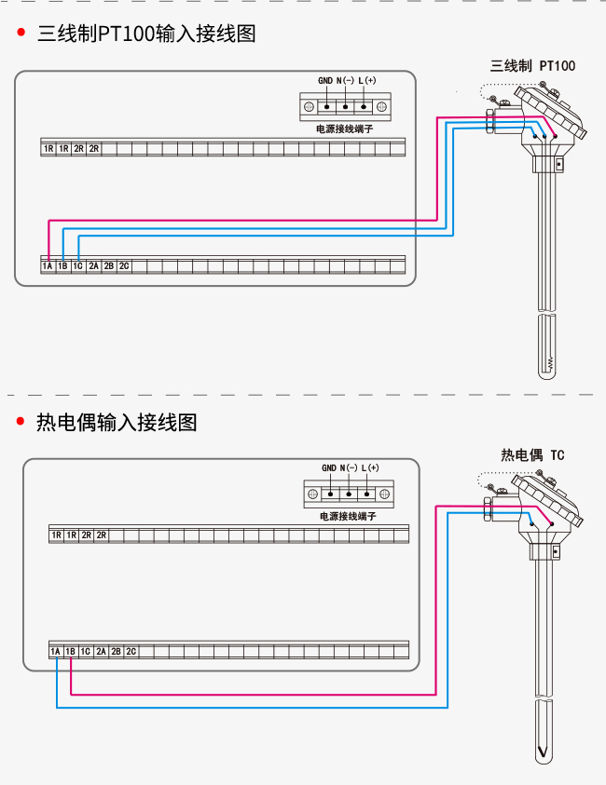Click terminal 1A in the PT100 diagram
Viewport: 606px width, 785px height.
coord(48,265)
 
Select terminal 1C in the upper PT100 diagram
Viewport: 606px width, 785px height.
coord(77,265)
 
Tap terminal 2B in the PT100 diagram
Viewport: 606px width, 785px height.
coord(109,265)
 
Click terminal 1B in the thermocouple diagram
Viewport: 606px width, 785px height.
coord(70,651)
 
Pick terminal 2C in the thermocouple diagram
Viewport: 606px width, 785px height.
coord(131,651)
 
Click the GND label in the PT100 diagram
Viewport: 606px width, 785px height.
coord(325,81)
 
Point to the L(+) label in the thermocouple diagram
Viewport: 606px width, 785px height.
coord(370,467)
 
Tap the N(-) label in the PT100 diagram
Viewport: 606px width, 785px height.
coord(345,81)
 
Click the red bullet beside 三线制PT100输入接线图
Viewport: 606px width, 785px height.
coord(21,33)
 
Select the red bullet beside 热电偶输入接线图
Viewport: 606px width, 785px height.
coord(21,421)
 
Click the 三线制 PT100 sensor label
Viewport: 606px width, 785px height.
coord(532,66)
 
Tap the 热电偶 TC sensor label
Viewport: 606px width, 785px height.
coord(532,455)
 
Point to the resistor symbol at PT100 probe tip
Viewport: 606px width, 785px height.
coord(550,363)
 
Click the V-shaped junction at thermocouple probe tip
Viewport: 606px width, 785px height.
coord(543,751)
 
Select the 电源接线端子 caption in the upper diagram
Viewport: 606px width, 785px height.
coord(345,129)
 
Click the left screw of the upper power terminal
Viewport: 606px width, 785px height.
coord(310,107)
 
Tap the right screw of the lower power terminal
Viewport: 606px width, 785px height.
coord(384,494)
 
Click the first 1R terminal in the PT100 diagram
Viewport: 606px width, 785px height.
coord(48,149)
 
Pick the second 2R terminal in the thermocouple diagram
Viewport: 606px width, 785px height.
coord(102,535)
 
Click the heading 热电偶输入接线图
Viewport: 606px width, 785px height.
coord(117,422)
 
